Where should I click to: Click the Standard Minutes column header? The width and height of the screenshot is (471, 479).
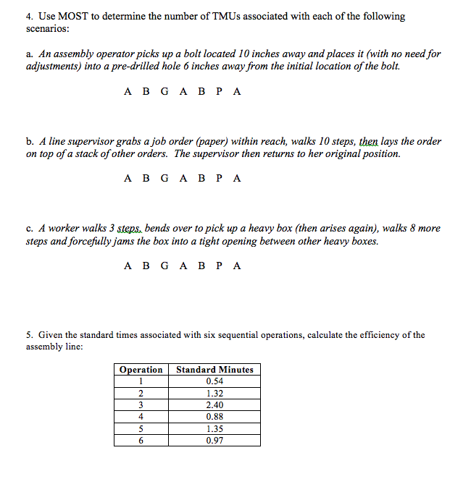(x=214, y=369)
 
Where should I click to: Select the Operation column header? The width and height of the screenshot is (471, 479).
(x=141, y=369)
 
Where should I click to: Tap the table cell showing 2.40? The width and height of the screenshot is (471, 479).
(x=214, y=405)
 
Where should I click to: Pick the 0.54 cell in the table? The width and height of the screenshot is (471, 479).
(x=214, y=381)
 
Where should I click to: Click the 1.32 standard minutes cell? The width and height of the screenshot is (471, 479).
(x=214, y=394)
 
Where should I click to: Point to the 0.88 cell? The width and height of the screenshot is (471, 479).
(x=214, y=417)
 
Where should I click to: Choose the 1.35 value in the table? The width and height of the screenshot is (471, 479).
(x=214, y=428)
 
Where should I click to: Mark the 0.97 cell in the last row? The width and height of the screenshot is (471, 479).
(x=214, y=440)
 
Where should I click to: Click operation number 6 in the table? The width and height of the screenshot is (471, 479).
(x=141, y=440)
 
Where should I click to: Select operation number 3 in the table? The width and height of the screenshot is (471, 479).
(x=141, y=405)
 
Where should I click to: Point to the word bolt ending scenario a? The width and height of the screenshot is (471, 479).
(x=388, y=66)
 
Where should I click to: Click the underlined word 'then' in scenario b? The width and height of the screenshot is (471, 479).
(x=369, y=142)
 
